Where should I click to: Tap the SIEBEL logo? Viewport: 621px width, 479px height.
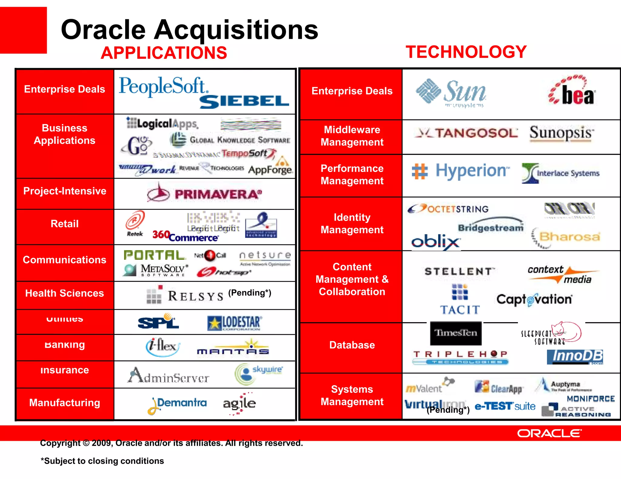tap(244, 101)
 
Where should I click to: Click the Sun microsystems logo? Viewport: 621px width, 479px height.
tap(451, 92)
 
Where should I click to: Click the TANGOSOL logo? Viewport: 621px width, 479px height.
tap(467, 133)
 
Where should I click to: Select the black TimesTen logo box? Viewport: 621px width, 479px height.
tap(456, 333)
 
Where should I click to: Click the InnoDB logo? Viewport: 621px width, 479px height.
tap(575, 357)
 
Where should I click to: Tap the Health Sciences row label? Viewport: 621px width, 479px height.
tap(65, 293)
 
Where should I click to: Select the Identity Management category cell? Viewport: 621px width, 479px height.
tap(352, 223)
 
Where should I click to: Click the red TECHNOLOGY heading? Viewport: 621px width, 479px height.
tap(466, 52)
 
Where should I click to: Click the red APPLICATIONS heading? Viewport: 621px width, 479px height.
tap(164, 53)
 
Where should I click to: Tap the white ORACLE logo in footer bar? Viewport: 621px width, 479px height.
tap(549, 433)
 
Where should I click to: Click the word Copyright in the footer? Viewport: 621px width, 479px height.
tap(60, 443)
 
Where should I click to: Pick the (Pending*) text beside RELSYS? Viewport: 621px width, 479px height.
tap(250, 292)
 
